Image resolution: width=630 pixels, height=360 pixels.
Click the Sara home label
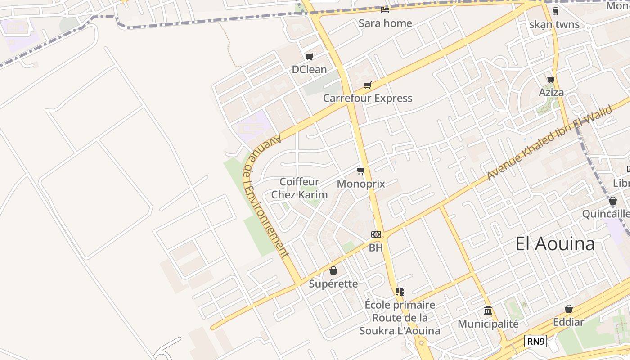(x=385, y=23)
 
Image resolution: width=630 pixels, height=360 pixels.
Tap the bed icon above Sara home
(x=385, y=9)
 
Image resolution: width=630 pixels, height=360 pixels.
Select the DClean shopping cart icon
(x=309, y=57)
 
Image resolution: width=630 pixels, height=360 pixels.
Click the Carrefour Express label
(x=368, y=98)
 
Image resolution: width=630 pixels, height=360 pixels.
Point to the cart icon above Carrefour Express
(x=368, y=85)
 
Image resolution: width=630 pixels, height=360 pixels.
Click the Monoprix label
(x=361, y=184)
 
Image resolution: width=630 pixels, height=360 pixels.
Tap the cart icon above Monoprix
(x=360, y=171)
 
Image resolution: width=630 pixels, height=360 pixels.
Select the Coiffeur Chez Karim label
(x=299, y=188)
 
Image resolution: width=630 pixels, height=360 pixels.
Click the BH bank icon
(x=376, y=234)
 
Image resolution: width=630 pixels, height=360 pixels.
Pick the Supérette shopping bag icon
(x=333, y=270)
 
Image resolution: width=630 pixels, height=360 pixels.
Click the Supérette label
(x=333, y=284)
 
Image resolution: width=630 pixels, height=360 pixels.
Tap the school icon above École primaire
(x=400, y=292)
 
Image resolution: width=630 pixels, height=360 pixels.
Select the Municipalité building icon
(x=488, y=310)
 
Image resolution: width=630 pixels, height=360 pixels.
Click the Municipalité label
(x=488, y=324)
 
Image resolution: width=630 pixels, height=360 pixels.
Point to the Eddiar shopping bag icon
(x=569, y=309)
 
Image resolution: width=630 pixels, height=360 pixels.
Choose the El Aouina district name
(x=555, y=244)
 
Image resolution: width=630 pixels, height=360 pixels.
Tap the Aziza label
(x=551, y=93)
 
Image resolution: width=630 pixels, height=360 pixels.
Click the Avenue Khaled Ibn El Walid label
(x=549, y=142)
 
